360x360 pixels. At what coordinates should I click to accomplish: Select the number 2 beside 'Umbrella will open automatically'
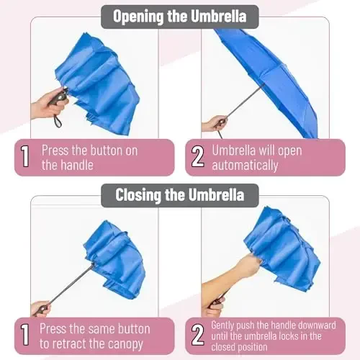(197, 157)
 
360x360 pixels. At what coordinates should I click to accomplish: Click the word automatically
(245, 165)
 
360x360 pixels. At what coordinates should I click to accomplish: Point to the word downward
(326, 325)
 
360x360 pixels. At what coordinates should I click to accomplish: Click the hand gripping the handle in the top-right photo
(214, 123)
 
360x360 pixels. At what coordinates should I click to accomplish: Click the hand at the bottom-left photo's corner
(40, 308)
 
